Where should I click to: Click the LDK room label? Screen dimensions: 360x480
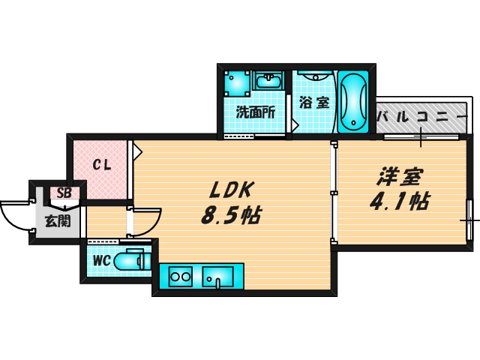coord(229,189)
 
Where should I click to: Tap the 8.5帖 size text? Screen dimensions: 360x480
coord(230,216)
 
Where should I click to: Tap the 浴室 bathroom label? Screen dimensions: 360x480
coord(313,103)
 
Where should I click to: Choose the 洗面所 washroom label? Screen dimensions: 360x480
coord(255,112)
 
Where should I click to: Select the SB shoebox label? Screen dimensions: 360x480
coord(63,193)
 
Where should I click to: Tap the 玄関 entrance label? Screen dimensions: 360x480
coord(57,220)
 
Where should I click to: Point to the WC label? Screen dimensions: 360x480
coord(101,261)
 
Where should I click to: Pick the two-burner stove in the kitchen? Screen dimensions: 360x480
coord(181,277)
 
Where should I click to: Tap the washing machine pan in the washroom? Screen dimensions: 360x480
coord(238,82)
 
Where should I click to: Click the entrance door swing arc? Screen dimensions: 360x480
coord(15,216)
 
